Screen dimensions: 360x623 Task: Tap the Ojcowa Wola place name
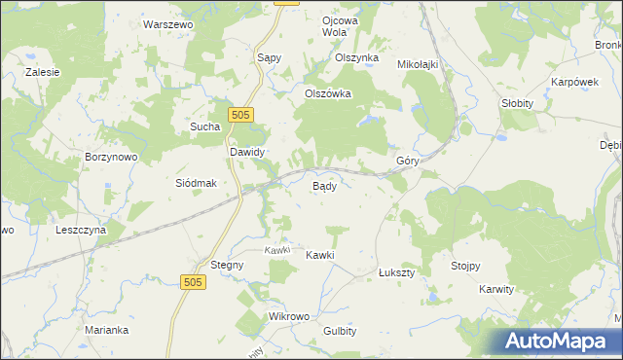tap(340, 25)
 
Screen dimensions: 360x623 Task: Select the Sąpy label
tap(269, 57)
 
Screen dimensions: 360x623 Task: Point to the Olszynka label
tap(356, 57)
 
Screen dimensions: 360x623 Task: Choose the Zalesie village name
tap(44, 72)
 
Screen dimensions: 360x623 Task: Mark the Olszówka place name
tap(327, 94)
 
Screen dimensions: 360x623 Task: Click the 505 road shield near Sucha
tap(242, 115)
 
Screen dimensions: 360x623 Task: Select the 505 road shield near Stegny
tap(193, 281)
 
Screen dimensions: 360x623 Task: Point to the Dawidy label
tap(247, 153)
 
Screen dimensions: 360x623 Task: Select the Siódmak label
tap(195, 183)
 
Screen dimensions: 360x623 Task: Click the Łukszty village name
tap(396, 273)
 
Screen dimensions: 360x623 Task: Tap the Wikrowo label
tap(288, 317)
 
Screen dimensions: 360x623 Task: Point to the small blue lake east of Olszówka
tap(371, 122)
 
